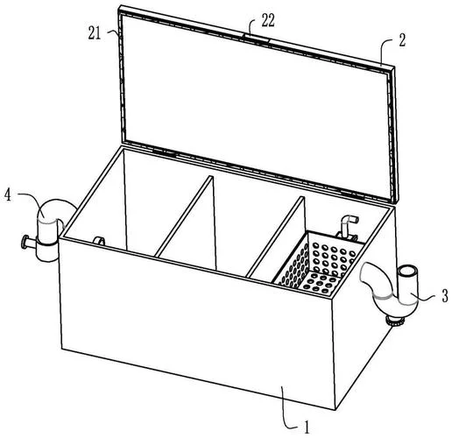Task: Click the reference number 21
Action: [x=95, y=34]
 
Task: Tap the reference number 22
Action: [x=268, y=21]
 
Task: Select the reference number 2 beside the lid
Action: [x=402, y=40]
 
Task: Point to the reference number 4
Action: [x=7, y=195]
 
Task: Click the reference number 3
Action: [x=444, y=296]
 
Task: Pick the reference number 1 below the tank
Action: [x=307, y=427]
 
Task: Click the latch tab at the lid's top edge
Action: [x=256, y=39]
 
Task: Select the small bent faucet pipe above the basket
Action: [x=347, y=226]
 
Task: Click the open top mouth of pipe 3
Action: [x=407, y=270]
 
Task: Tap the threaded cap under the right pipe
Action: [x=395, y=321]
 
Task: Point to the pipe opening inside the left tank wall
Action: [x=99, y=241]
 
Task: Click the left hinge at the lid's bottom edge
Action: [x=165, y=152]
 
